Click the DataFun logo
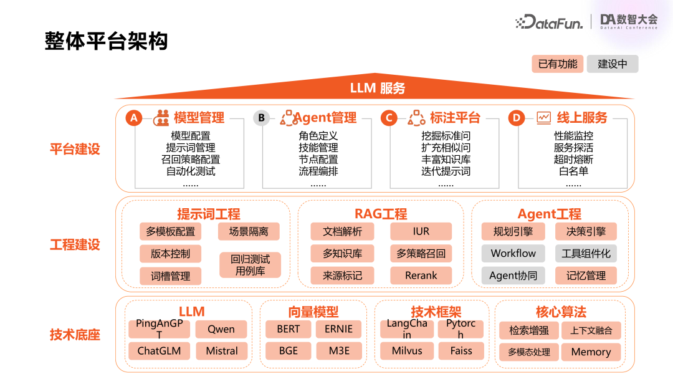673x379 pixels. tap(549, 22)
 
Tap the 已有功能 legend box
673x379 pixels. tap(558, 64)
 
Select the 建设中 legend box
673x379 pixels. tap(613, 64)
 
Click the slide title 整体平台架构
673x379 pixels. tap(106, 41)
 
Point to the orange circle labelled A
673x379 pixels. tap(134, 118)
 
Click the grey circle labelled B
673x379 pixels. tap(262, 118)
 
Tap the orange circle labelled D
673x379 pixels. tap(517, 118)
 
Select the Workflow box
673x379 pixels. tap(513, 253)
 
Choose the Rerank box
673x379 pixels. tap(421, 276)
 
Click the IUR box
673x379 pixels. tap(421, 231)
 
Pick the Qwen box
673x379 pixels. tap(221, 329)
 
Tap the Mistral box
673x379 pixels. tap(221, 351)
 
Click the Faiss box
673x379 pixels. tap(461, 350)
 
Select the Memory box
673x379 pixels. tap(591, 352)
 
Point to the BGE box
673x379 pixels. tap(289, 351)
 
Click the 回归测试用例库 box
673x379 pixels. tap(250, 265)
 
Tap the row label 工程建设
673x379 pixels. tap(75, 244)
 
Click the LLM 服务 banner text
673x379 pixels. tap(378, 88)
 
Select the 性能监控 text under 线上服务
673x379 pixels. tap(573, 136)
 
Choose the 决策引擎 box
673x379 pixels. tap(586, 231)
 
